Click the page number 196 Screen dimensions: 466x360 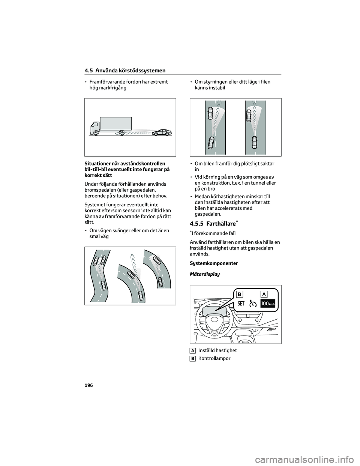tap(89, 386)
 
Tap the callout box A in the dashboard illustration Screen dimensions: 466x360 tap(264, 294)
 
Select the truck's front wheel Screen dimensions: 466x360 tap(96, 132)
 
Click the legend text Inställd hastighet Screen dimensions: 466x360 tap(217, 350)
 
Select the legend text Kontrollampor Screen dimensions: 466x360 tap(214, 358)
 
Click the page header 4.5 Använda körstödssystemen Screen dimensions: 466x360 tap(125, 71)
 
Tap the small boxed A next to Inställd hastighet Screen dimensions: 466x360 tap(192, 350)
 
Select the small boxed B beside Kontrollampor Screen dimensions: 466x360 tap(192, 359)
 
